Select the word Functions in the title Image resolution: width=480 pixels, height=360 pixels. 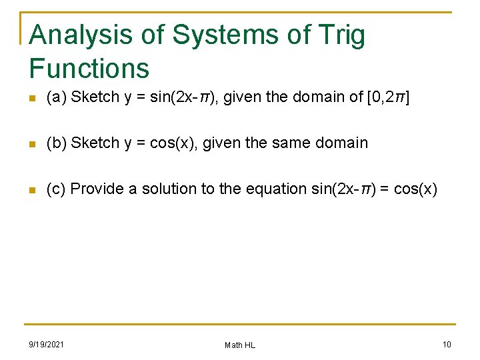click(89, 68)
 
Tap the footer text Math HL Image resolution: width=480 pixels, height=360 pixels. click(240, 345)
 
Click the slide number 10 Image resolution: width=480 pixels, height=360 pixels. click(447, 344)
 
